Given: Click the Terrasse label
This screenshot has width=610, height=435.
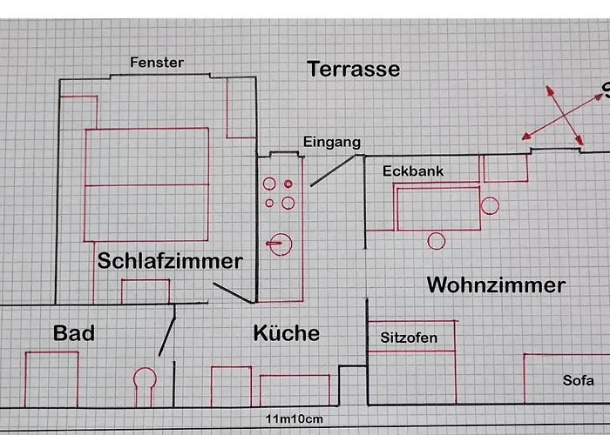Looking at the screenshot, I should [x=353, y=69].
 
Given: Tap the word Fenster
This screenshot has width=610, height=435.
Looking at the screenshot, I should [x=157, y=63].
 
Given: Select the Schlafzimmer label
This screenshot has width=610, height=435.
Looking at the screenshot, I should [x=170, y=260].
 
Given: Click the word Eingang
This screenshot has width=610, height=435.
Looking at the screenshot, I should [x=331, y=142].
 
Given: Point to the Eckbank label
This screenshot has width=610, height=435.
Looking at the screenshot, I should [x=413, y=171].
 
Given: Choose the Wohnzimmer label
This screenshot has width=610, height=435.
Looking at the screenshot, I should [x=496, y=284].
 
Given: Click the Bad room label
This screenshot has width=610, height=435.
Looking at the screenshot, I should [x=74, y=332].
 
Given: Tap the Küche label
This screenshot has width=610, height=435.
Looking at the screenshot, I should [x=286, y=332].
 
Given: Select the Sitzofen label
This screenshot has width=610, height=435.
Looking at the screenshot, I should [x=409, y=338].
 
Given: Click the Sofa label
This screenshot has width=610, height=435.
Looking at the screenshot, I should [x=578, y=380].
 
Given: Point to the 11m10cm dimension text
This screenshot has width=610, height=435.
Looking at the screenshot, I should [x=295, y=420].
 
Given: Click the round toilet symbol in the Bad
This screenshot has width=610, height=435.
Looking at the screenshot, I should [x=144, y=378].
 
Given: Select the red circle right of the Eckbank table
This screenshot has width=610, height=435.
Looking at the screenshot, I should [x=490, y=206].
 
